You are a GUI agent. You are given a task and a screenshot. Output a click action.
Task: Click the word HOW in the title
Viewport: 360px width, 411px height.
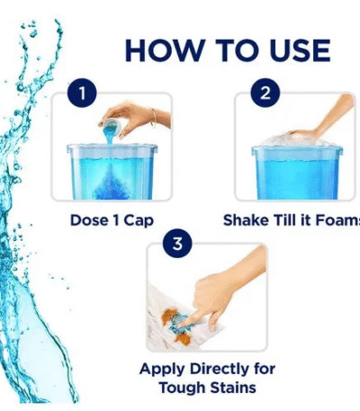(163, 50)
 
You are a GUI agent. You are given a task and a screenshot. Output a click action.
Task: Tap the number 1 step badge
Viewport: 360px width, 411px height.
(82, 93)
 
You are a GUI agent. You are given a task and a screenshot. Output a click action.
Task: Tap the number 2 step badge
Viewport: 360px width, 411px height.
(265, 93)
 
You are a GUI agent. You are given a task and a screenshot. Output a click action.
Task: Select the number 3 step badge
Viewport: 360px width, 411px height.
(177, 244)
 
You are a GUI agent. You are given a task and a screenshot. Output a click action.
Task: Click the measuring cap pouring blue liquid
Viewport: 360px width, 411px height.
(112, 127)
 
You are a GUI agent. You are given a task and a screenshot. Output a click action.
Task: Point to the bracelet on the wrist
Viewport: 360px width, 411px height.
(154, 118)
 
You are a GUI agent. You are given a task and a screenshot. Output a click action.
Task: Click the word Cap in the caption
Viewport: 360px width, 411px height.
(139, 221)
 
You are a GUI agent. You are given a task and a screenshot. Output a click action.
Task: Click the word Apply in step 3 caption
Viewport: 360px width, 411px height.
(162, 370)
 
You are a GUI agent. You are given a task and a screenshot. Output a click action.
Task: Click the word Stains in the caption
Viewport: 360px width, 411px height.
(233, 388)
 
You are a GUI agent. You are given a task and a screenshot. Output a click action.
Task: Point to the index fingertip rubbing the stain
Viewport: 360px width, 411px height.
(185, 323)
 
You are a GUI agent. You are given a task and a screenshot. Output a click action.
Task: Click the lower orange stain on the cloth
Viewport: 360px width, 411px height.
(182, 338)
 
